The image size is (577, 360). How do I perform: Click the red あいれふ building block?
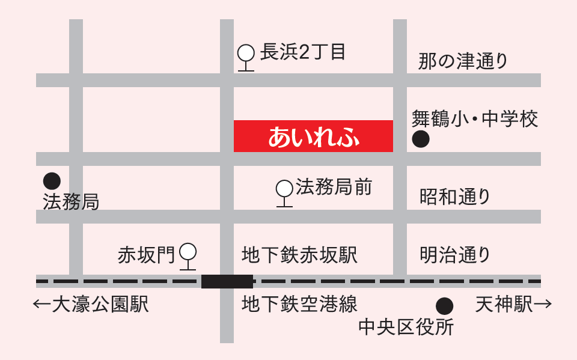313,136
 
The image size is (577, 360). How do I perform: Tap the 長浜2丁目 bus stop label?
303,52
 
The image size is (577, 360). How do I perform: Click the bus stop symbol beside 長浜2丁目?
246,56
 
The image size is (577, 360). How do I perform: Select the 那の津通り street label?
463,61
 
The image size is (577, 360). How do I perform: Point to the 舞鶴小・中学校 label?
474,118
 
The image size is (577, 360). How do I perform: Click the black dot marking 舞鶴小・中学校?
421,140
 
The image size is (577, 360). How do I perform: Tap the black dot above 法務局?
52,180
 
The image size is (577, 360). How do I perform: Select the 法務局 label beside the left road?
71,202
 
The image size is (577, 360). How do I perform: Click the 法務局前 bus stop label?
334,187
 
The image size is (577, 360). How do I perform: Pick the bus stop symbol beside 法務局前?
284,191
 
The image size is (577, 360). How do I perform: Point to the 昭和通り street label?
455,197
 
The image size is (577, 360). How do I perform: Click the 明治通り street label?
455,255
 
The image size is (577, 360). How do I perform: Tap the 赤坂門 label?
147,255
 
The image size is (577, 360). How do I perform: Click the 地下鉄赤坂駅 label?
299,255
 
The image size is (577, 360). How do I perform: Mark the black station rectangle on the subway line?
227,281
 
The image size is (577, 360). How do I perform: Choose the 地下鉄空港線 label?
299,304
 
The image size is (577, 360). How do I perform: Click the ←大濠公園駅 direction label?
91,305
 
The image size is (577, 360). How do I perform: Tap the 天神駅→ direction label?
513,305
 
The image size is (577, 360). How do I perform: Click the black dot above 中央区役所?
445,306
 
